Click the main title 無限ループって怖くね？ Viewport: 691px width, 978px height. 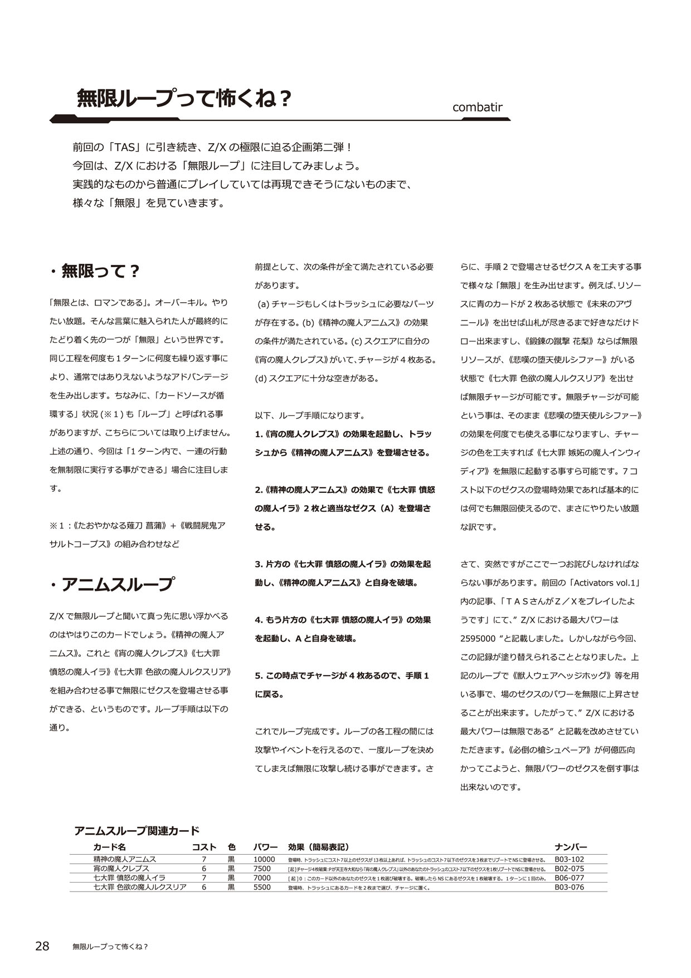[184, 99]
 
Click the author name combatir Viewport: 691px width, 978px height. [478, 106]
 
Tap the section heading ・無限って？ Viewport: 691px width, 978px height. [94, 272]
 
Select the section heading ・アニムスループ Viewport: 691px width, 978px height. [111, 584]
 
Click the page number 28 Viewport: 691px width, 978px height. [42, 946]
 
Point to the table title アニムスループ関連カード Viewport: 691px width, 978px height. [137, 831]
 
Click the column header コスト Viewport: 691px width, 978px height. [204, 847]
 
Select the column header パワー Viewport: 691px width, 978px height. [265, 847]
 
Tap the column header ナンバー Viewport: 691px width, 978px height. [571, 847]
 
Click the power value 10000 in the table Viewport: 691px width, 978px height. [264, 859]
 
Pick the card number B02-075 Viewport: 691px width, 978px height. [569, 869]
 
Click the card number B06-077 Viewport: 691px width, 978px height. [569, 878]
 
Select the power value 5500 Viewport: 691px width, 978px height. [262, 887]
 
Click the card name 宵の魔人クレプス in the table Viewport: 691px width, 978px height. [121, 869]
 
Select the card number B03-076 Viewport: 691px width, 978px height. [569, 887]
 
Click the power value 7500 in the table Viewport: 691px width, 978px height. [262, 869]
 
